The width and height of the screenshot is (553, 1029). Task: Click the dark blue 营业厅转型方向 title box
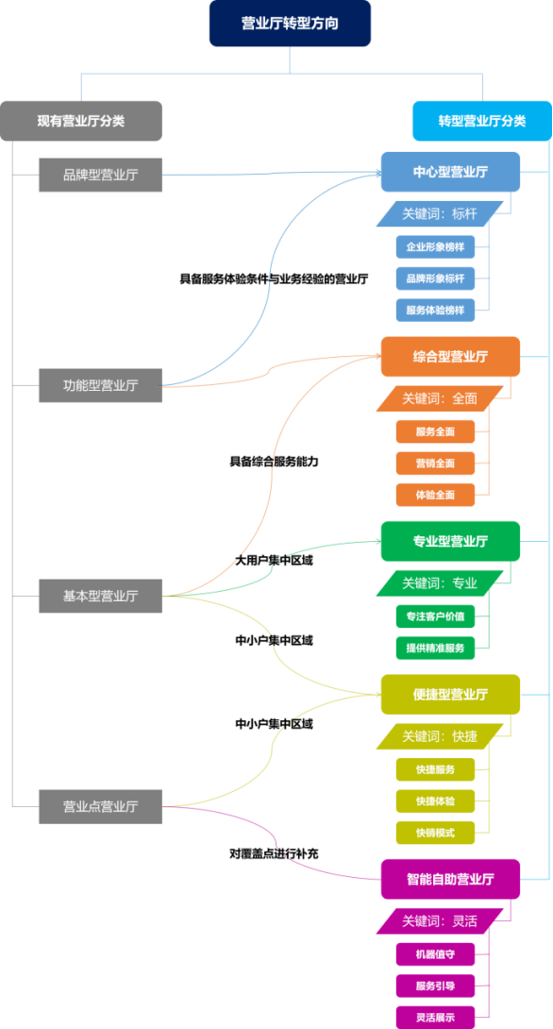point(290,24)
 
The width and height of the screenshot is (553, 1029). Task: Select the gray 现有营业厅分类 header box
point(81,121)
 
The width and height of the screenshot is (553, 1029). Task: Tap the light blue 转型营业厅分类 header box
point(482,121)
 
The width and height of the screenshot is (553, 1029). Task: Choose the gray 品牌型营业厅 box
point(100,175)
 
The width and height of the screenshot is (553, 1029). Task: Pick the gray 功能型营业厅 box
point(100,385)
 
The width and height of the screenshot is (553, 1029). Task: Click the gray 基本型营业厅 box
point(100,596)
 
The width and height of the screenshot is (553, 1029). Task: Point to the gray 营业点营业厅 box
point(100,806)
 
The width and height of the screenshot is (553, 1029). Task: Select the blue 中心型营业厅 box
point(451,172)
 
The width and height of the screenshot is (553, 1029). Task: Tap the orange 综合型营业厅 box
point(451,356)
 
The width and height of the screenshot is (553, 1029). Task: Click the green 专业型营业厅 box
point(451,542)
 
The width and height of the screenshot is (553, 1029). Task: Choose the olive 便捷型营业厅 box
point(451,694)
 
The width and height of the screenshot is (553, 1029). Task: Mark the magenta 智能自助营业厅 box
point(451,879)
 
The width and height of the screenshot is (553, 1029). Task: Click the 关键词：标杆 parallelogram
point(440,214)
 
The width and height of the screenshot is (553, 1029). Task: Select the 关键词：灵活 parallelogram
point(440,920)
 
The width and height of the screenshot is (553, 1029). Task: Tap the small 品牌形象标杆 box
point(435,278)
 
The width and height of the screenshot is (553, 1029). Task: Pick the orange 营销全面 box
point(435,464)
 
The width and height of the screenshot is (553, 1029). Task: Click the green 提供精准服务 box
point(435,648)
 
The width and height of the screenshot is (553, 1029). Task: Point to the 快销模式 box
point(435,833)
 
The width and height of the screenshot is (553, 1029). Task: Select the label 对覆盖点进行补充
point(275,853)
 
